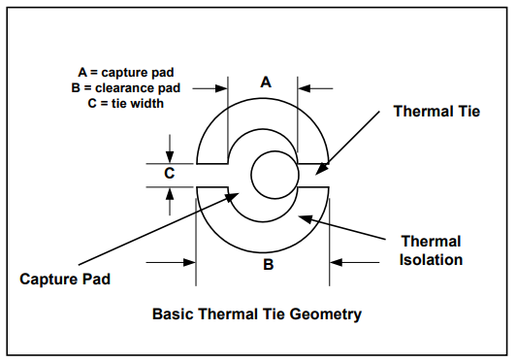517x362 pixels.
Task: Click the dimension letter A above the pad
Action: tap(265, 82)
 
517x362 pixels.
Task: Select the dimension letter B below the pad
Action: tap(269, 262)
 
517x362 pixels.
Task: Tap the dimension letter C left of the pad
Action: tap(169, 174)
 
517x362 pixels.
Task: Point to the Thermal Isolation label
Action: tap(432, 250)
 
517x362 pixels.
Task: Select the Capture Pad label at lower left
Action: tap(65, 279)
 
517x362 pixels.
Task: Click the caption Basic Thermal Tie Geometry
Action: tap(257, 313)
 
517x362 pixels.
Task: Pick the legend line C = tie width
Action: tap(119, 102)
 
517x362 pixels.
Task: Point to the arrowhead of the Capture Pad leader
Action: tap(233, 196)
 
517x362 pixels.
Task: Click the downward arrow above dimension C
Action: tap(170, 156)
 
